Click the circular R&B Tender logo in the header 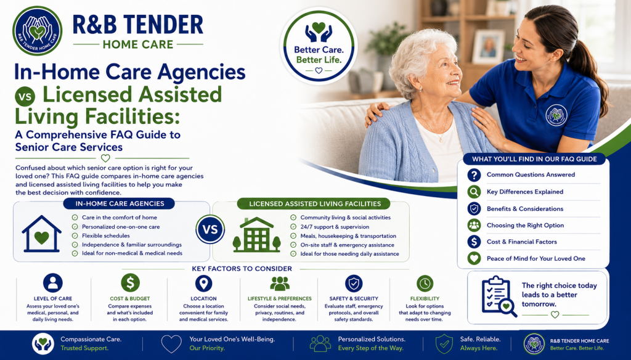38,31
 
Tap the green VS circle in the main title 25,97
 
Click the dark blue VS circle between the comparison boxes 210,229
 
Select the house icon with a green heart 41,234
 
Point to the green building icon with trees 257,235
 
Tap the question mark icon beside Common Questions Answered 474,175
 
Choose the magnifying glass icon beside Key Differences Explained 474,192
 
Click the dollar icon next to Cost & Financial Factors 474,242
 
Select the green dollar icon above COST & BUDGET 130,283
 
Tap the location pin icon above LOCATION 203,283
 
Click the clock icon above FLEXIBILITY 425,284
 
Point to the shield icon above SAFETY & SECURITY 354,284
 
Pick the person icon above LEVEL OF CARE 53,283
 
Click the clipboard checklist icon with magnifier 499,297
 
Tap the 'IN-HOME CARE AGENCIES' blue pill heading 120,204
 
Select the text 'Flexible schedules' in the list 106,235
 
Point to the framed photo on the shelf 488,47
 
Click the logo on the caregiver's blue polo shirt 556,115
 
